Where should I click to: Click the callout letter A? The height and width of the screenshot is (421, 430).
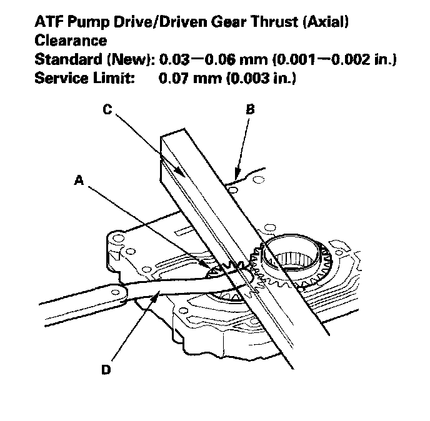pyautogui.click(x=79, y=180)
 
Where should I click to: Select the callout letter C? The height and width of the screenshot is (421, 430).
pyautogui.click(x=107, y=109)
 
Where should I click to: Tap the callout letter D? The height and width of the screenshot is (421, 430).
pyautogui.click(x=107, y=370)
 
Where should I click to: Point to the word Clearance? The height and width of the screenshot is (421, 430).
pyautogui.click(x=69, y=41)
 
